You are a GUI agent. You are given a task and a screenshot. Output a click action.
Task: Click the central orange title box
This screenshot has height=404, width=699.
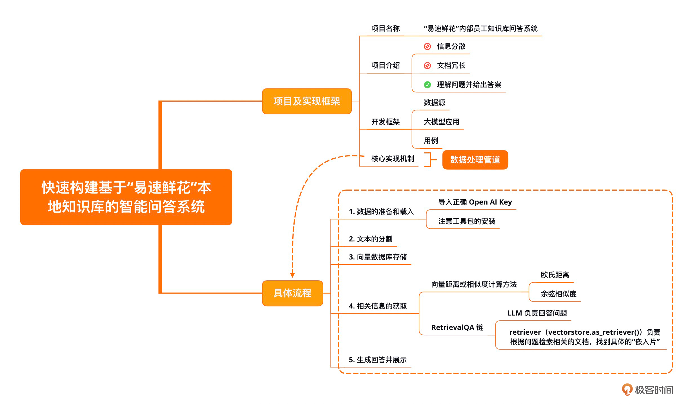coord(126,197)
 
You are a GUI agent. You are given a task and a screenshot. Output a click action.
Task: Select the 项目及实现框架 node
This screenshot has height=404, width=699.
coord(307,101)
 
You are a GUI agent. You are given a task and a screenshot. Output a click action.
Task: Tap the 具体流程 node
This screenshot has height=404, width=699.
coord(292,293)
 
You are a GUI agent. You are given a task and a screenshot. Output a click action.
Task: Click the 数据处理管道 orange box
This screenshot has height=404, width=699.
coord(475,160)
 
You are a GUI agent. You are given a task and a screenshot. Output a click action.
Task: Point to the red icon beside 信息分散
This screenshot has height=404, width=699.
coord(427,46)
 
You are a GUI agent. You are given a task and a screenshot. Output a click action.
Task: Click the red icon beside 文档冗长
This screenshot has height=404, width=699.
coord(427,66)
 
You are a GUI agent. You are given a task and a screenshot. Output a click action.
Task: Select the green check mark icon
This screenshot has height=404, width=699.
coord(427,85)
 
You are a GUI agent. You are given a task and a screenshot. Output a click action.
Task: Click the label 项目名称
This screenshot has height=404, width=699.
coord(385,28)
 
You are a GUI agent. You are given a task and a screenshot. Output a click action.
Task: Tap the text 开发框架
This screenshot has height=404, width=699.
coord(385,122)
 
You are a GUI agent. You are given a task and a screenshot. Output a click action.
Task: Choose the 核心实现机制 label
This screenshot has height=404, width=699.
coord(392,159)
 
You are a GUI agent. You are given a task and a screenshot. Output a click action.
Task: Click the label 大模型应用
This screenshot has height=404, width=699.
coord(441,122)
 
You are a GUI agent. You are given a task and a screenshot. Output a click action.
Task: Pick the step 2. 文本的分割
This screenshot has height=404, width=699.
coord(370,239)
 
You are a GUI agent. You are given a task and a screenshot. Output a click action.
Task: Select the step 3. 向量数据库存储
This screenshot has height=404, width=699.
coord(377,257)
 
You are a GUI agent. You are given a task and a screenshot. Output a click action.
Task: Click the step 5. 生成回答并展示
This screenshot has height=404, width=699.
coord(377,360)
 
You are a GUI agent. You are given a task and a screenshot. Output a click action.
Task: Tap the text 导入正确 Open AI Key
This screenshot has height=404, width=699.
coord(475,202)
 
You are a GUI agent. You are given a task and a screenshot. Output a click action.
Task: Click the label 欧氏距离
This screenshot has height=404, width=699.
coord(555,275)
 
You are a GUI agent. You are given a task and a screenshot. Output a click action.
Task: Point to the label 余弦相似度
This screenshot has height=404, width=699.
coord(558,294)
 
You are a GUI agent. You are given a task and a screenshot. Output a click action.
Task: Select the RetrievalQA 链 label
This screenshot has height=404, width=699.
coord(457,327)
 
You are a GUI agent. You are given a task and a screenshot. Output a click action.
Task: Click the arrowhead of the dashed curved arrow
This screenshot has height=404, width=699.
coord(292,275)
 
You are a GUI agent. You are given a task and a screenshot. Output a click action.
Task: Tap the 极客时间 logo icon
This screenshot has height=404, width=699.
coord(627,389)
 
